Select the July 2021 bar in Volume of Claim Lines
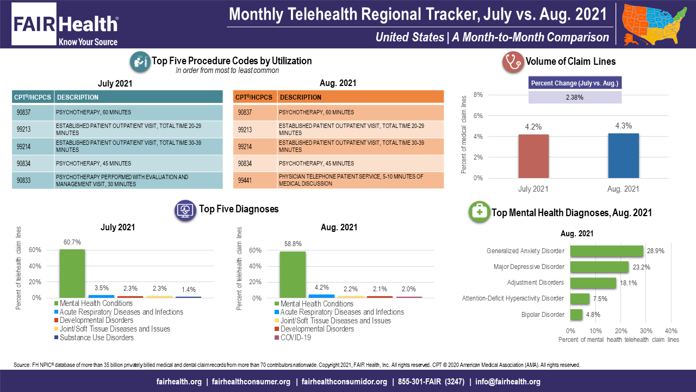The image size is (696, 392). (x=533, y=156)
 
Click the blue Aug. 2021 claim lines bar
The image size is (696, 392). (x=623, y=155)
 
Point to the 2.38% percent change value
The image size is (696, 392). (x=575, y=97)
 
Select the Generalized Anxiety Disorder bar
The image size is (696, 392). (x=606, y=251)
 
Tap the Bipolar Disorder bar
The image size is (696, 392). (x=576, y=315)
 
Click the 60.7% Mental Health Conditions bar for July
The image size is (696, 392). (x=72, y=273)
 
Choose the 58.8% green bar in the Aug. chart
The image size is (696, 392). (x=293, y=274)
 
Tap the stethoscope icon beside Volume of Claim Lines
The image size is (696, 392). (x=512, y=62)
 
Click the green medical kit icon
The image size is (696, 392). (x=479, y=212)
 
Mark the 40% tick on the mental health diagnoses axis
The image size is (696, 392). (x=671, y=331)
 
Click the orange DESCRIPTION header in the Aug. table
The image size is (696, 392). (x=361, y=97)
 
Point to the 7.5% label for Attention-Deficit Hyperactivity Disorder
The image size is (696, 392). (x=600, y=298)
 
